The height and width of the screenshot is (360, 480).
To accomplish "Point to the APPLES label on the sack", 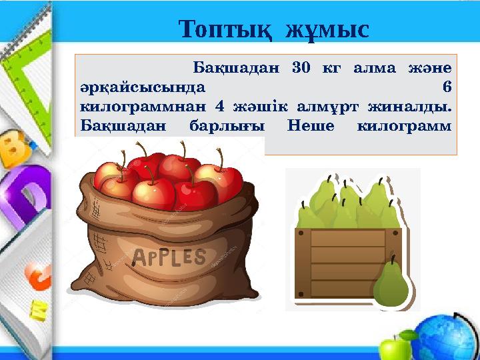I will tap(169, 256).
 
